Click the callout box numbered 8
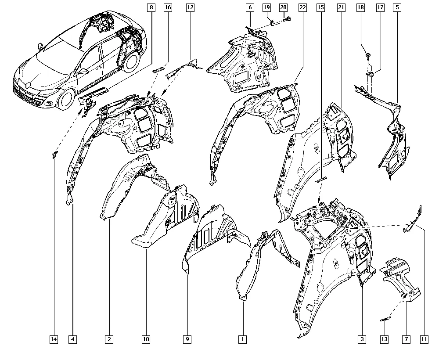pos(151,7)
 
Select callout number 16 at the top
pos(168,7)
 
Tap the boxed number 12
pos(190,7)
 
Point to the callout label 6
pos(250,7)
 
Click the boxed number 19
pos(266,7)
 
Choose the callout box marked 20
pos(283,7)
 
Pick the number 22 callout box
pos(302,7)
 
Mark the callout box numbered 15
pos(320,7)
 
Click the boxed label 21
pos(341,7)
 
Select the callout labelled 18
pos(360,7)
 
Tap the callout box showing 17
pos(380,7)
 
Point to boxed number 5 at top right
pos(397,7)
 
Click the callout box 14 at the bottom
pos(54,339)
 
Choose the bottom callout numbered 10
pos(146,339)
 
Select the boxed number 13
pos(384,339)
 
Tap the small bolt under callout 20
pos(287,19)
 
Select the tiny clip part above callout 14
pos(54,154)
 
